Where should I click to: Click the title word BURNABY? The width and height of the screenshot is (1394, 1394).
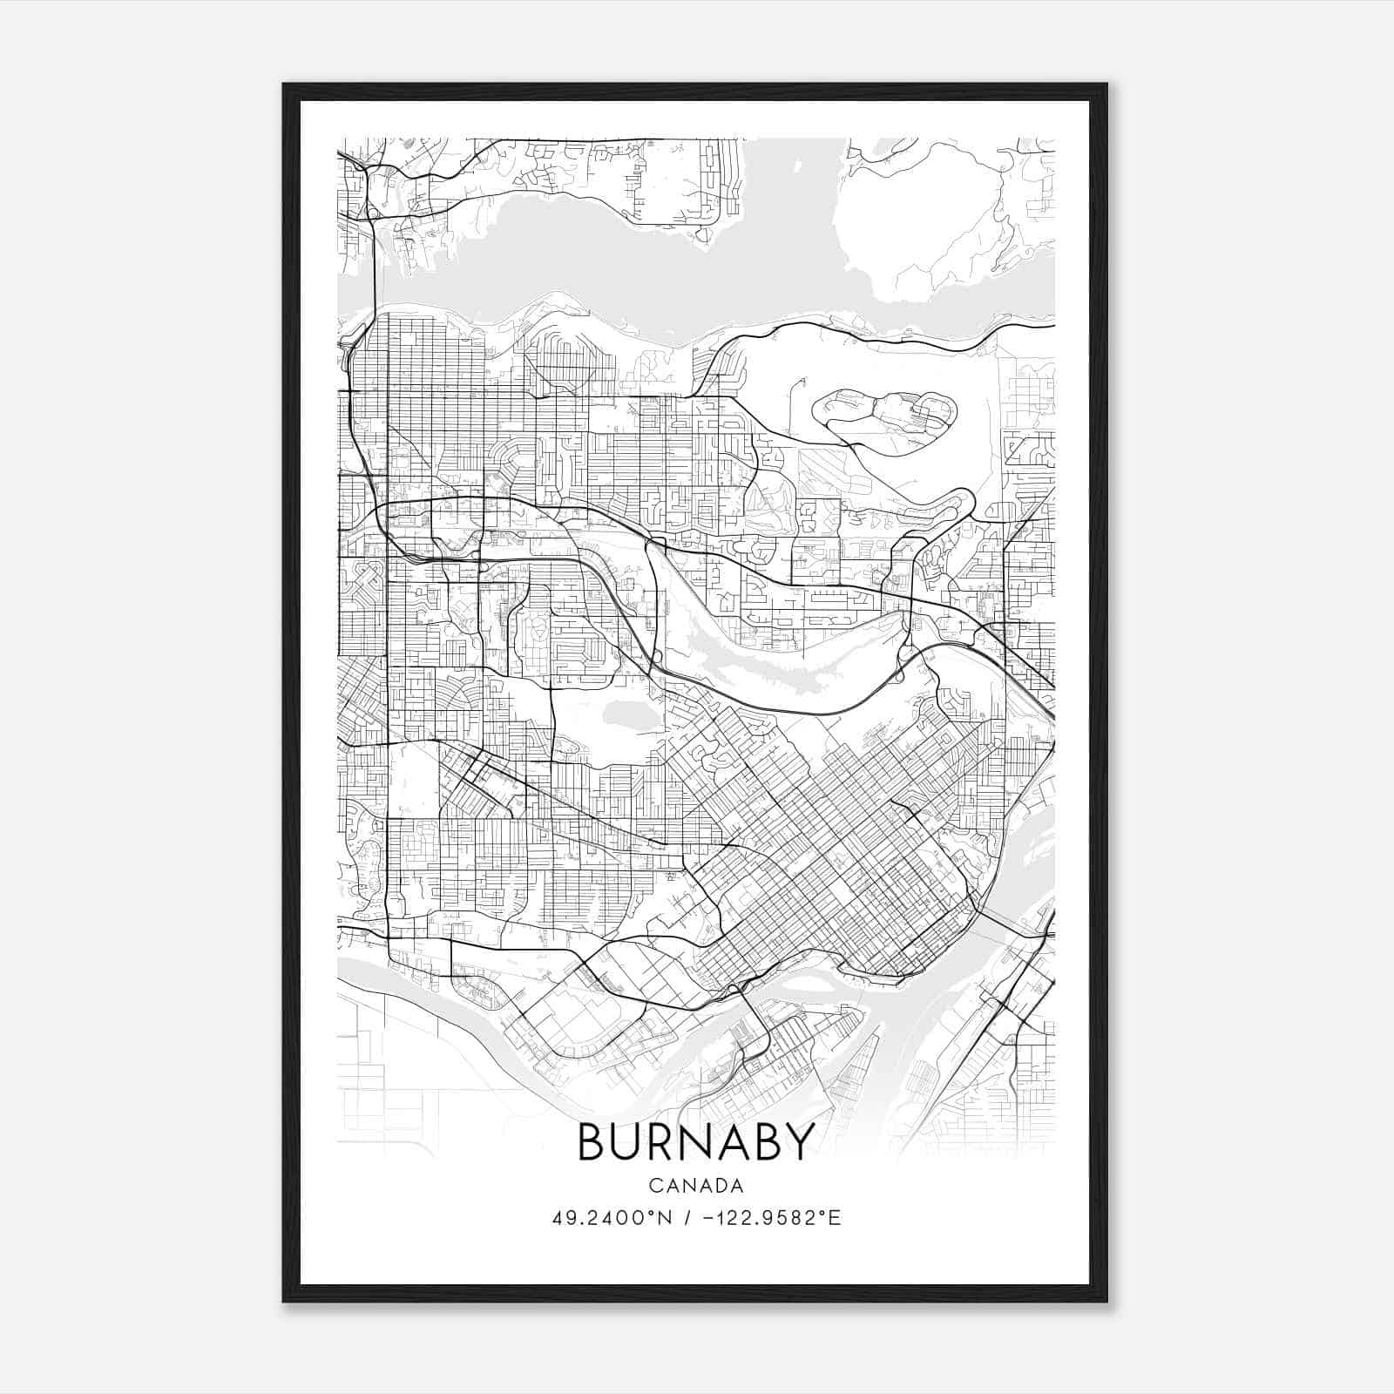[x=696, y=1141]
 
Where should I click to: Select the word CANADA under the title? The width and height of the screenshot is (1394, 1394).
[x=696, y=1186]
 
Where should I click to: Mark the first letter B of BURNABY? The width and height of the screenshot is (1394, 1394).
[x=593, y=1141]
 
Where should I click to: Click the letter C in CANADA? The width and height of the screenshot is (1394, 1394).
[x=654, y=1186]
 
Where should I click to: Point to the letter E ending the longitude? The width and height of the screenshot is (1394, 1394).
[x=836, y=1218]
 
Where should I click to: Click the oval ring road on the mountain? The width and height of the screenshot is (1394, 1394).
[x=884, y=417]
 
